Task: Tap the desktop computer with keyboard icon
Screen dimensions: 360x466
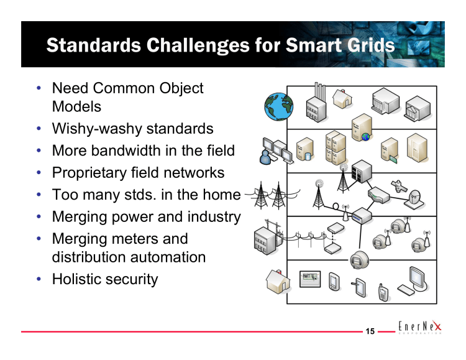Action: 412,281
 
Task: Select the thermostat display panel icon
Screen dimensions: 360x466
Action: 310,279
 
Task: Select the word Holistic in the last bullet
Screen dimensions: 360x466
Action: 78,279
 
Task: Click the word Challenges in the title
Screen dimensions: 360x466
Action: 199,45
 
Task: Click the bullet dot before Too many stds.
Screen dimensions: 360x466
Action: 39,195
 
